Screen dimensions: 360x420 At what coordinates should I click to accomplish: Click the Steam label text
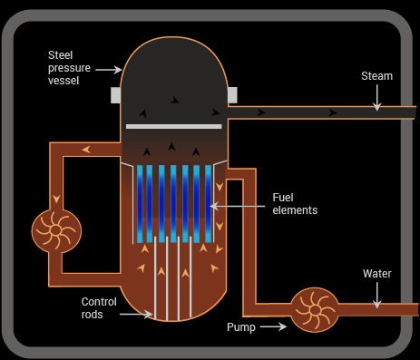tap(376, 76)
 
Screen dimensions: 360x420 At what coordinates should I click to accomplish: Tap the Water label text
tap(376, 273)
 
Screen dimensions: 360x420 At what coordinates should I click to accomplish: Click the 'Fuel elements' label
tap(295, 204)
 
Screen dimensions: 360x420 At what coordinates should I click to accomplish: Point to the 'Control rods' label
tap(99, 308)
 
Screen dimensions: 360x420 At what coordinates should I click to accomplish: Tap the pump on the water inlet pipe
tap(314, 309)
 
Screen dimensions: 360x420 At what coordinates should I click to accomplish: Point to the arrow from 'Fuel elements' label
tap(240, 206)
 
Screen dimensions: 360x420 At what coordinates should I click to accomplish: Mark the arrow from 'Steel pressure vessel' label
tap(109, 69)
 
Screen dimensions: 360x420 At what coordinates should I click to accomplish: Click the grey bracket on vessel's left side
tap(116, 94)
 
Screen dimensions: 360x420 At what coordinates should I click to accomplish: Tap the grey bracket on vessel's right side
tap(232, 94)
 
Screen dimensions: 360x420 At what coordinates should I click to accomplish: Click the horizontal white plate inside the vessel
tap(173, 125)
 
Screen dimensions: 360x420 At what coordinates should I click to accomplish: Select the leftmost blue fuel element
tap(141, 203)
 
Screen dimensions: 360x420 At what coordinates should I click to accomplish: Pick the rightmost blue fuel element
tap(208, 203)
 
